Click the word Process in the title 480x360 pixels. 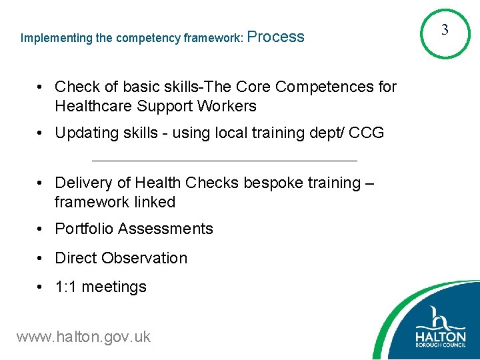(x=276, y=37)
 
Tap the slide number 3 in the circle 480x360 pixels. (x=445, y=30)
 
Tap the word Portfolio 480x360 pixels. (x=83, y=229)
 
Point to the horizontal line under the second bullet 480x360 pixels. (x=224, y=161)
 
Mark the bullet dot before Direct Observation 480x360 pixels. (x=41, y=258)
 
